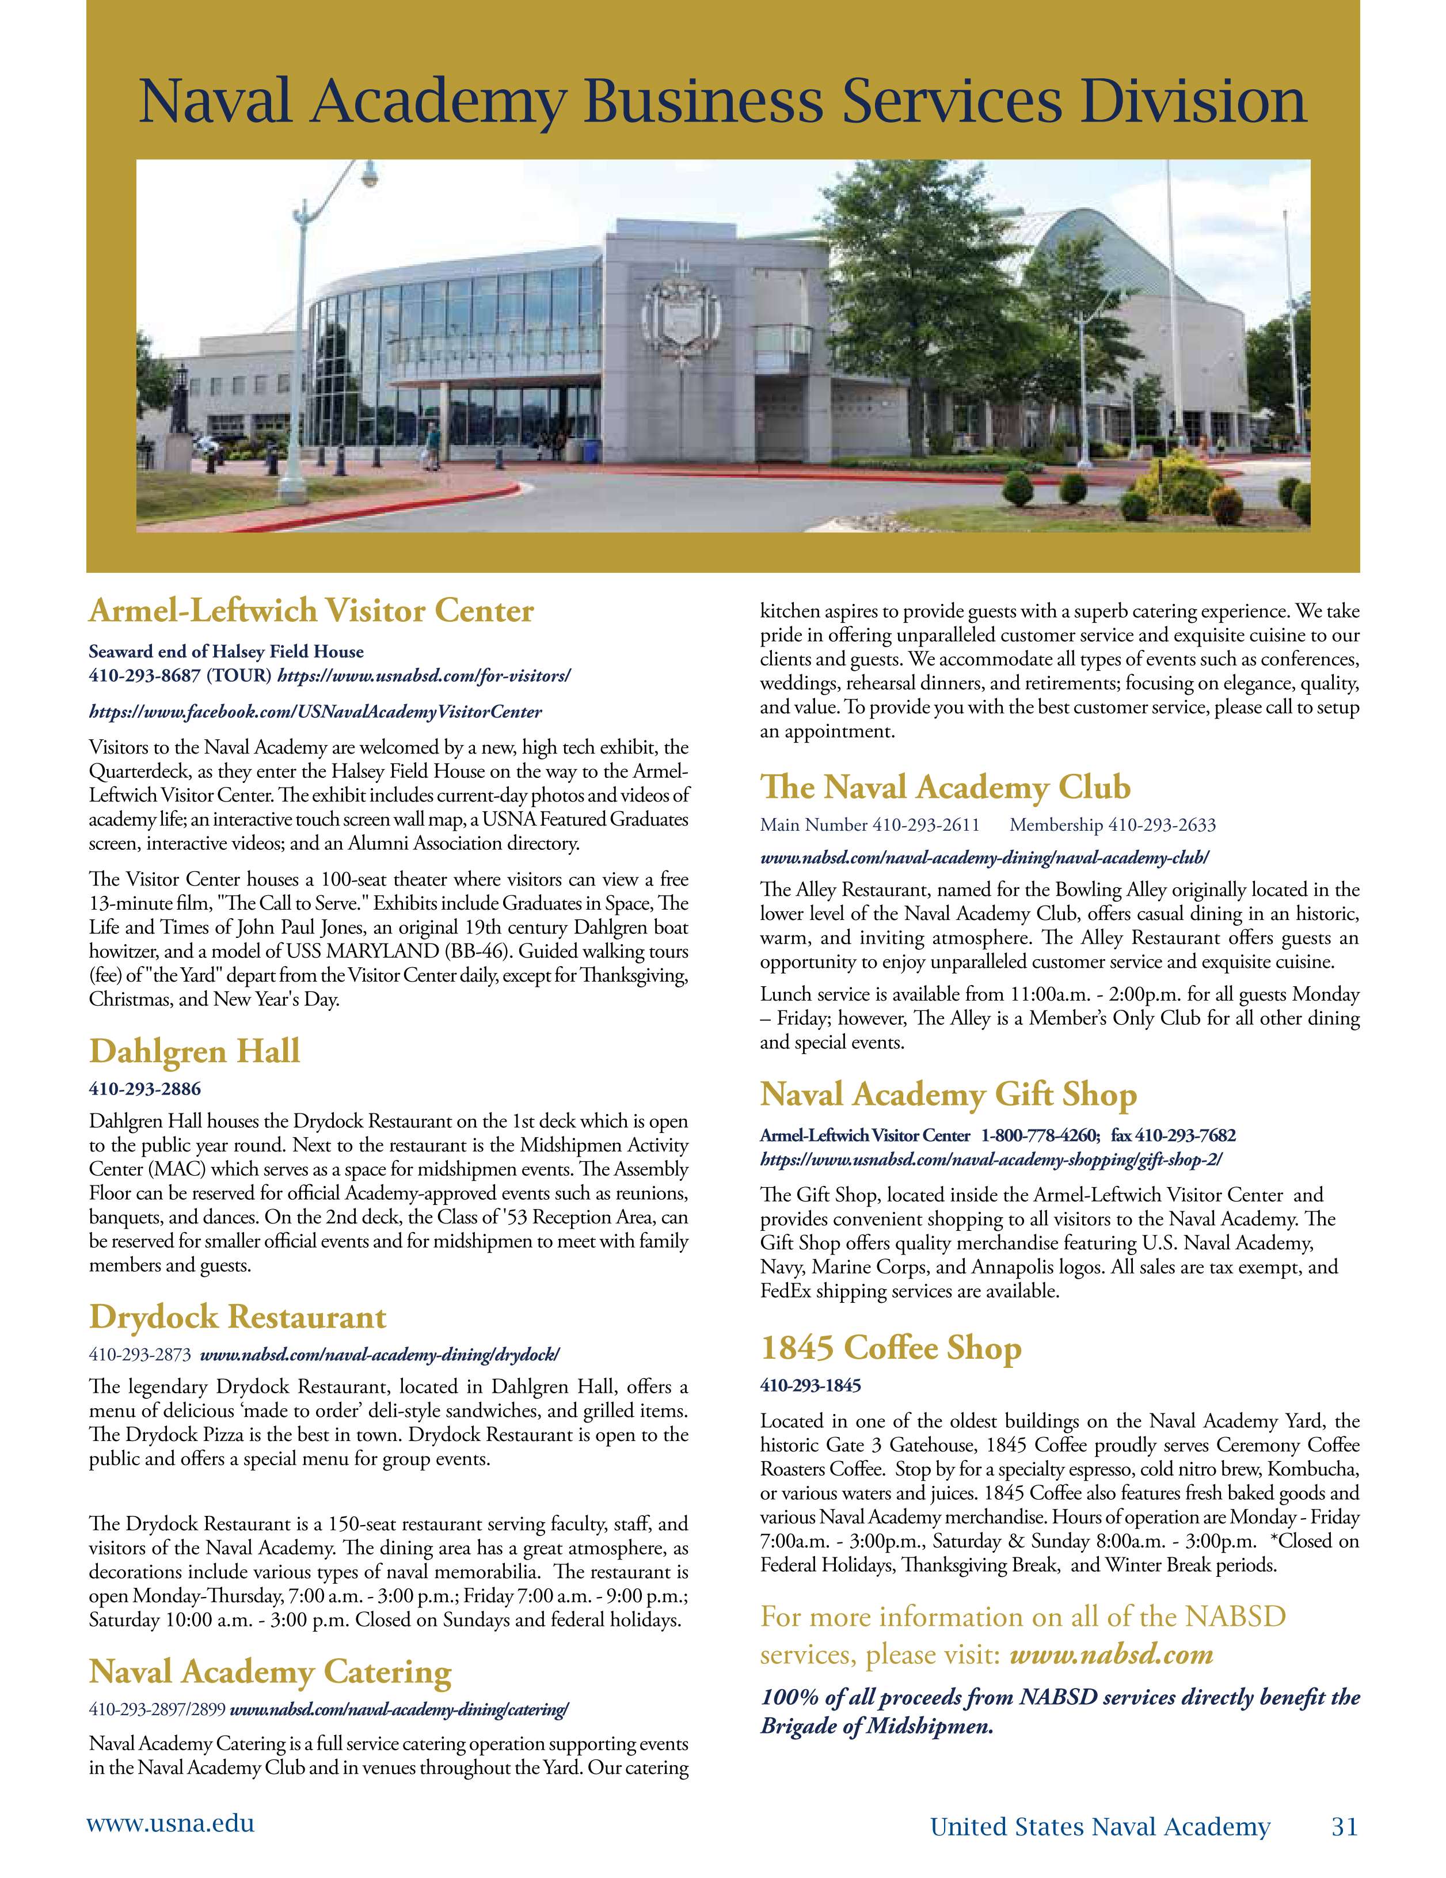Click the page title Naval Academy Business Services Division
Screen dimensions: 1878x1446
point(722,101)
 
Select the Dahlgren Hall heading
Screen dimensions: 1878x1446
point(195,1051)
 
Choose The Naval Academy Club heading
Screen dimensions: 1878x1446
point(945,787)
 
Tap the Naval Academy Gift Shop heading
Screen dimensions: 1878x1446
point(948,1094)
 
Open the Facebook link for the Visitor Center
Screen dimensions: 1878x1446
point(315,712)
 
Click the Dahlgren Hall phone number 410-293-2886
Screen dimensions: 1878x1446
point(144,1089)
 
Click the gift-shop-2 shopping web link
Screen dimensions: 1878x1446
point(990,1159)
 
